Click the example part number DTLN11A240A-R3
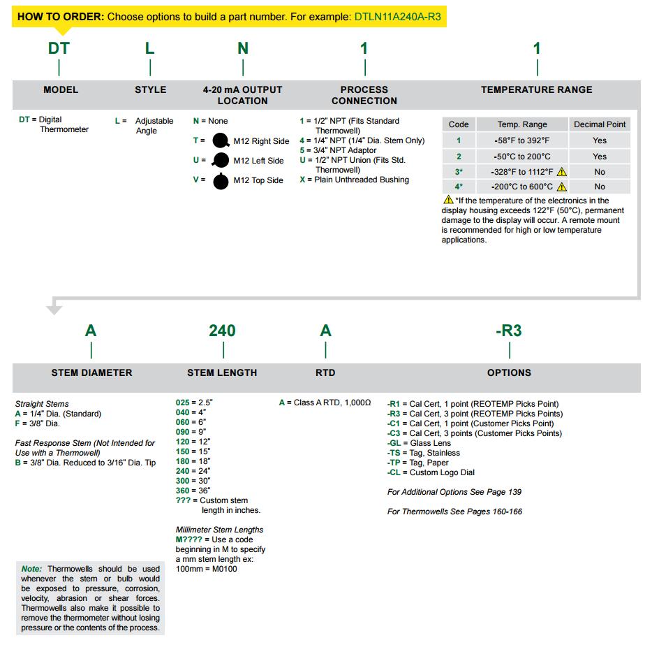(x=398, y=16)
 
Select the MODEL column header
(x=61, y=89)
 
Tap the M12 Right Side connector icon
(x=221, y=140)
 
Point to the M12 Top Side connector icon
(x=221, y=181)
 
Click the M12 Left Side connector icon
(x=221, y=161)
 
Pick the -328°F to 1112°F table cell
(x=522, y=172)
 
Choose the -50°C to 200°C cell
(x=522, y=157)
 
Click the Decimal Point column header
(x=600, y=124)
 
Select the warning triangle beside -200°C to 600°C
(x=561, y=187)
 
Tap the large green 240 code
(x=222, y=331)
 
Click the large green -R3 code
(x=509, y=331)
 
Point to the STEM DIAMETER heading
(x=91, y=372)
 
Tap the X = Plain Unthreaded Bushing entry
(x=354, y=180)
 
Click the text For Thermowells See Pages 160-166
(x=454, y=512)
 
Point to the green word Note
(x=31, y=569)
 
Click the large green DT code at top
(x=59, y=48)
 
